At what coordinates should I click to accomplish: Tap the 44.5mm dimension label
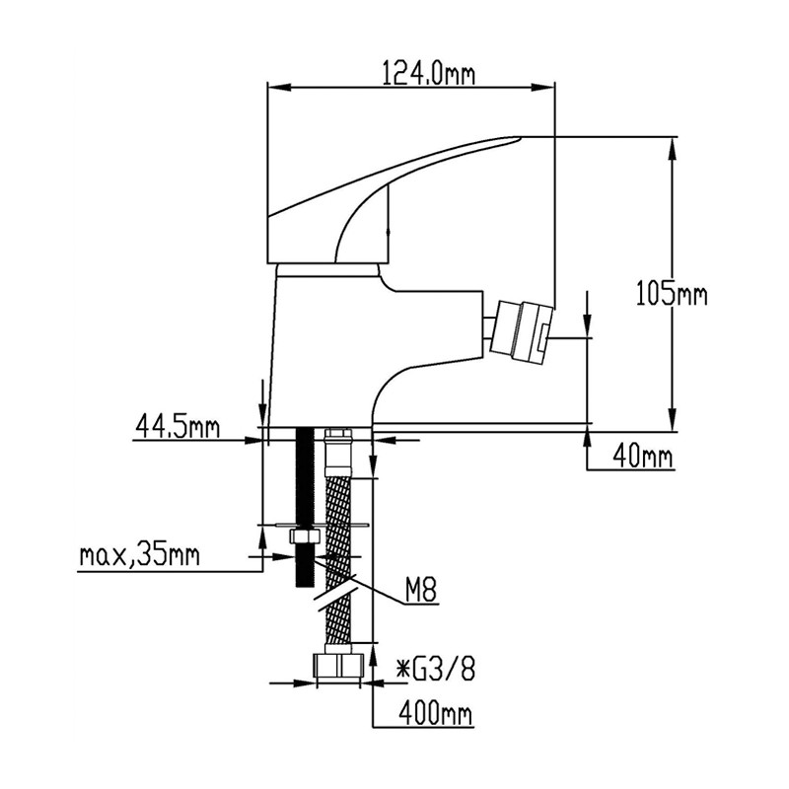point(178,427)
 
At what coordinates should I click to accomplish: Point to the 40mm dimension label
point(643,457)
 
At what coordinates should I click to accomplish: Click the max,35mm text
point(139,556)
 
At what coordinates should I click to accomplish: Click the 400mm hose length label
point(436,713)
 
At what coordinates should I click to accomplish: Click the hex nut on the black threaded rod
point(304,536)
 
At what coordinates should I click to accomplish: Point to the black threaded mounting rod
point(305,507)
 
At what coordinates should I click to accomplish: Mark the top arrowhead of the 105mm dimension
point(672,149)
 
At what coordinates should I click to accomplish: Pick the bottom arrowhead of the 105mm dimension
point(672,419)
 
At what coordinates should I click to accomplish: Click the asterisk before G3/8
point(402,670)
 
